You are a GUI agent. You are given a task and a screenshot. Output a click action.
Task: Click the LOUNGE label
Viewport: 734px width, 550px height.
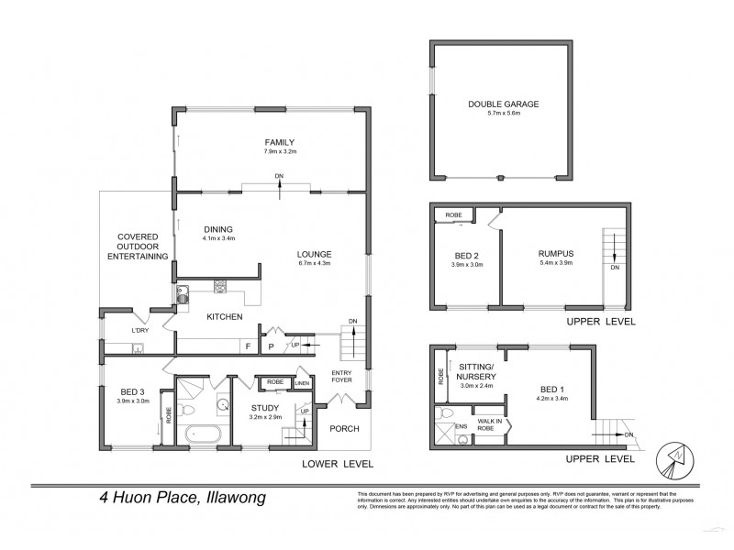tap(314, 253)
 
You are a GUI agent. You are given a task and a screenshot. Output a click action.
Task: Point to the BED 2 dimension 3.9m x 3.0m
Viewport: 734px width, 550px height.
tap(469, 267)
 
